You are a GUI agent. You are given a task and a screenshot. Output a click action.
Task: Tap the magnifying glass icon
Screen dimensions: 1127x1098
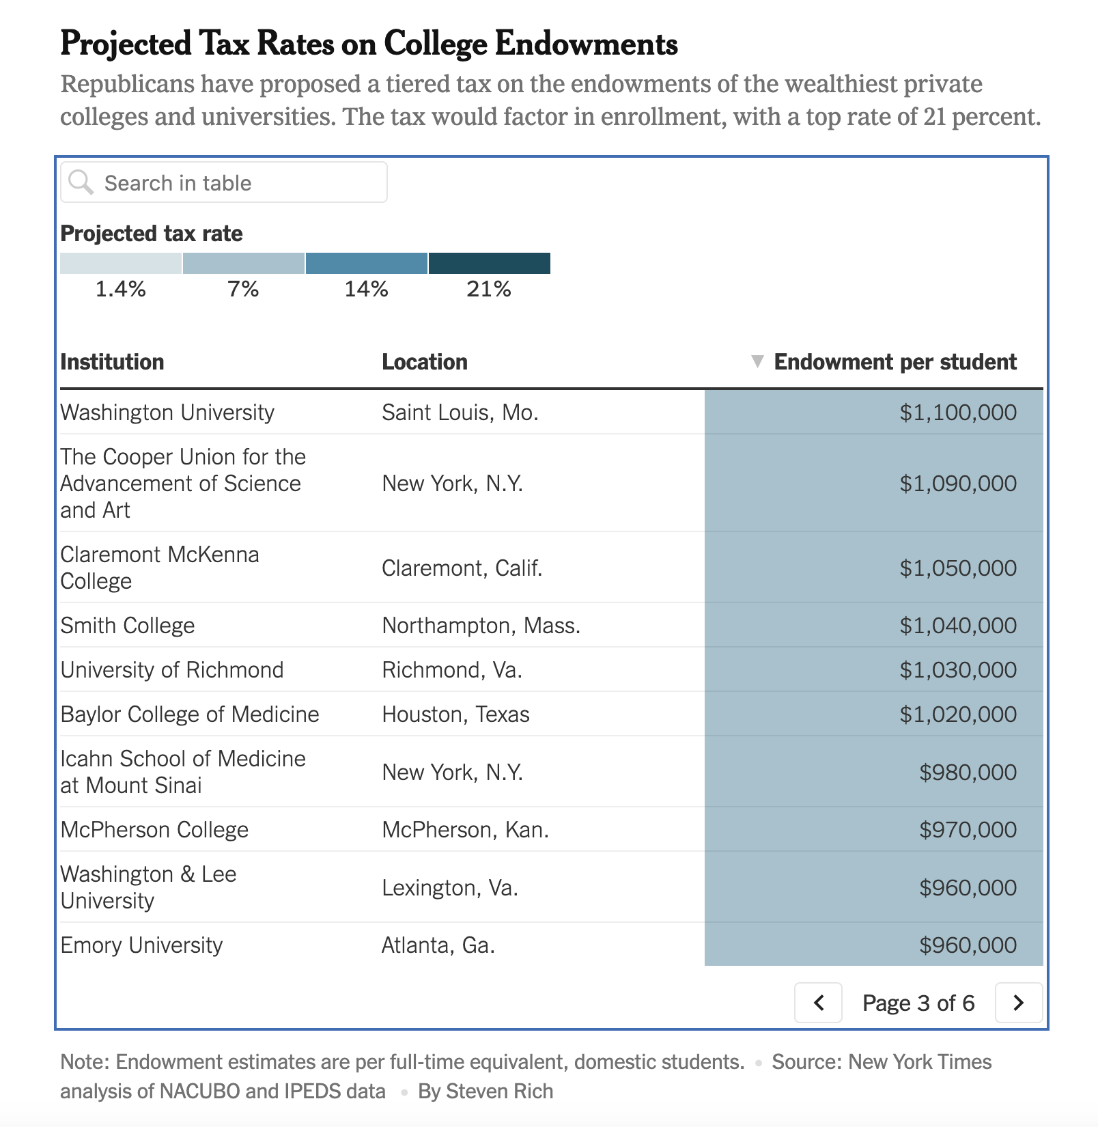81,182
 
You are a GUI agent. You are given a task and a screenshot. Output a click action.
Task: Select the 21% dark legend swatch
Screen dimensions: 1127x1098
489,263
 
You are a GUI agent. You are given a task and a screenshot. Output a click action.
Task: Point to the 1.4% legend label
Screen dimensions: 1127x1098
120,289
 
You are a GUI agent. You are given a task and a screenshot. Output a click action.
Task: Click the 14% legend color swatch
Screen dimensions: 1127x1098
367,263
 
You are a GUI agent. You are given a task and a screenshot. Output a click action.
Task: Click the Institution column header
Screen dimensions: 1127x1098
112,361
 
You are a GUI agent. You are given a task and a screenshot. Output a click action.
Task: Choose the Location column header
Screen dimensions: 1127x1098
424,361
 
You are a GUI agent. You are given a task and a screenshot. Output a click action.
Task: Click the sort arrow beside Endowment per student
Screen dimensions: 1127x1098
757,361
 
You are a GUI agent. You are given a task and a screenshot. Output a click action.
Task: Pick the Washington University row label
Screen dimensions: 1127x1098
167,412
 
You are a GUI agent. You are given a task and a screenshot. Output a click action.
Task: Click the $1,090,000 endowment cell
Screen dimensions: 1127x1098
957,483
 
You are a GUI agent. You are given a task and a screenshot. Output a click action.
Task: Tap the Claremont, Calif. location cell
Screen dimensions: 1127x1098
462,568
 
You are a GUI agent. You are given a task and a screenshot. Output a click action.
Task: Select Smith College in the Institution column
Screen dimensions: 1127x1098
128,625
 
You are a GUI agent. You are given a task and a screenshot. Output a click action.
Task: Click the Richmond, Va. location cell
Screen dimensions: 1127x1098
451,669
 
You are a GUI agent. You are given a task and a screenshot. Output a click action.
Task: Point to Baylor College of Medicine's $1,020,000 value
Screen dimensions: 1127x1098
957,714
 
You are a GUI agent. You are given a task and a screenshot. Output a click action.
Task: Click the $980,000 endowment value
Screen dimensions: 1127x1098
967,772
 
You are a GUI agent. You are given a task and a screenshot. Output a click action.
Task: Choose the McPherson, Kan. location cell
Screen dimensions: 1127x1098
465,829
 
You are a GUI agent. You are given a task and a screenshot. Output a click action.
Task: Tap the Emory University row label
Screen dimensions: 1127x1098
141,945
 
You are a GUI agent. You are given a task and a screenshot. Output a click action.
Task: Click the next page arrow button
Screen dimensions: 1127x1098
1018,1002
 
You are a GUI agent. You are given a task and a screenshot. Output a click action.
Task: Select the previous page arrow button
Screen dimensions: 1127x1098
818,1002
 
